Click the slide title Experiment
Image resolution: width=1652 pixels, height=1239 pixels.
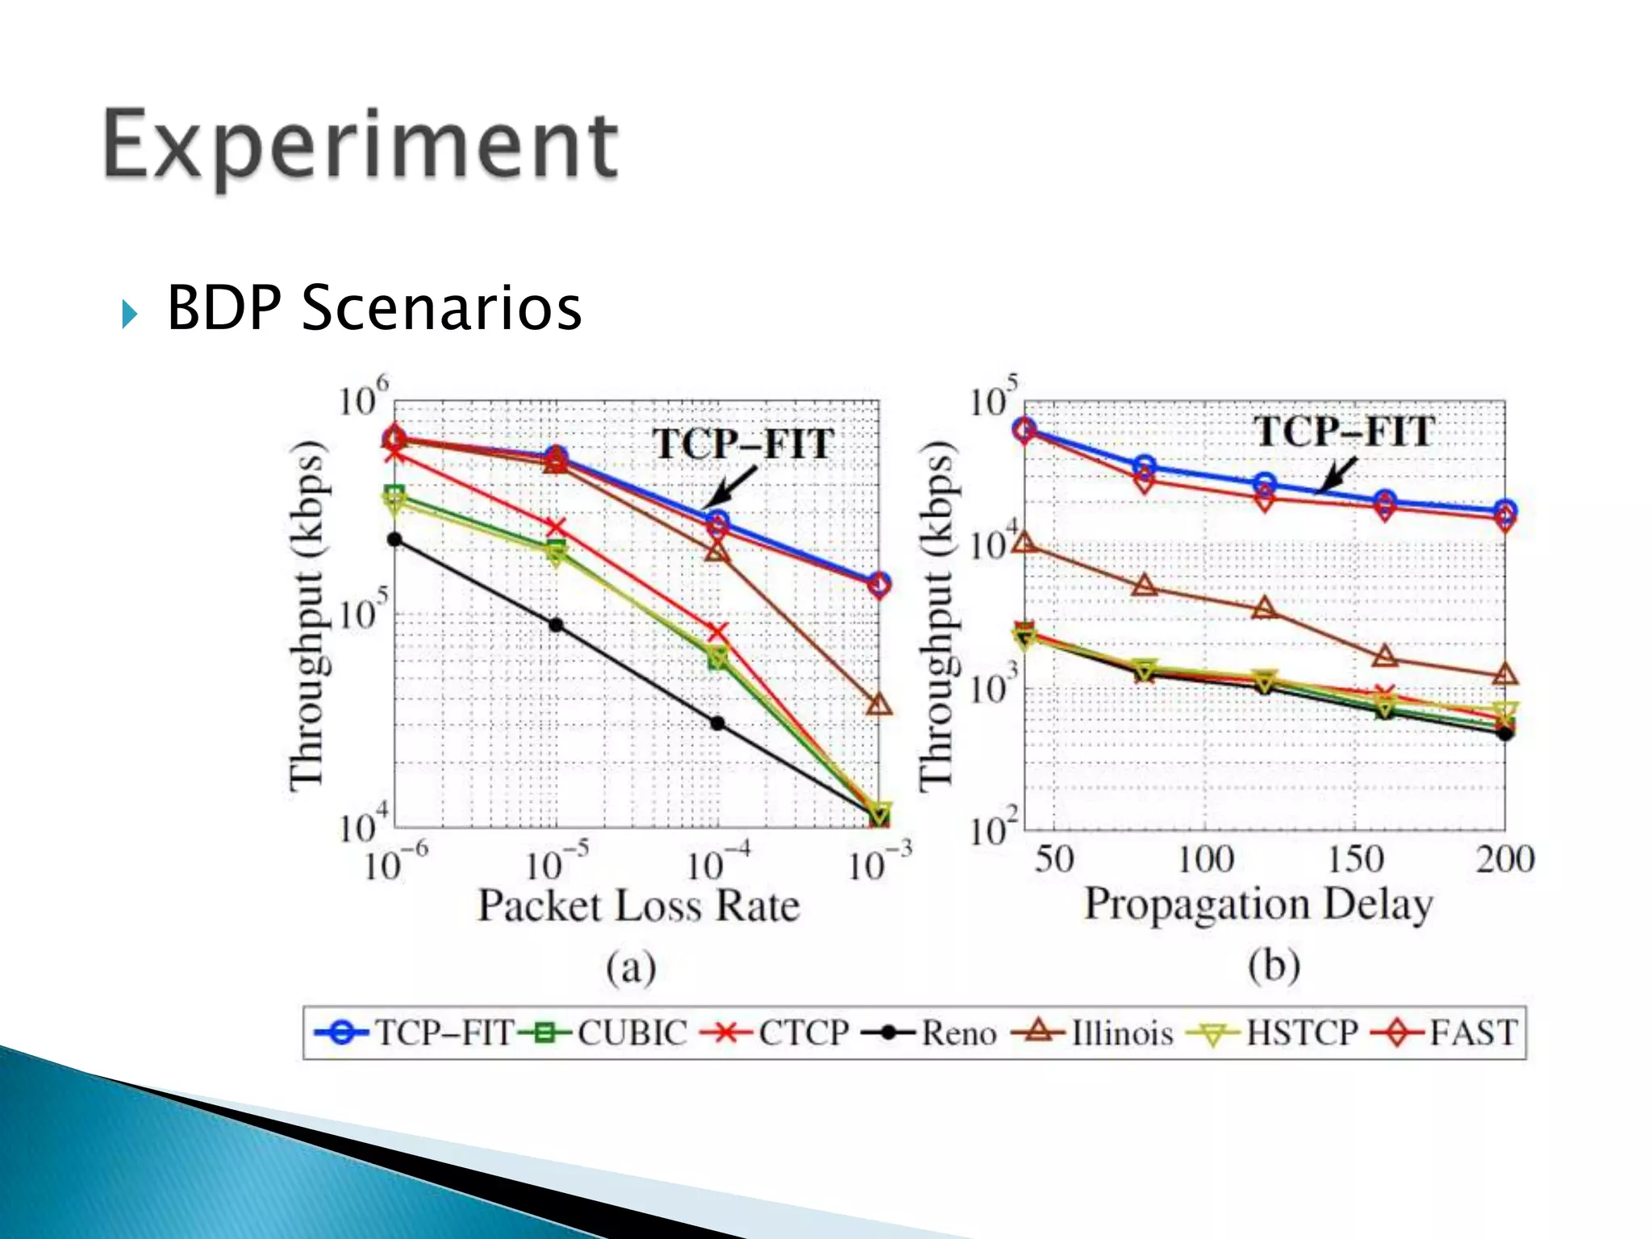(x=361, y=146)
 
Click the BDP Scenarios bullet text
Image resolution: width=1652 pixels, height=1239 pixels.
(x=373, y=308)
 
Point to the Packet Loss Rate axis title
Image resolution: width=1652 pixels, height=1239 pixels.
(x=638, y=906)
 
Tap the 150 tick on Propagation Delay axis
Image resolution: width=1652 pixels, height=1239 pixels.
(x=1355, y=859)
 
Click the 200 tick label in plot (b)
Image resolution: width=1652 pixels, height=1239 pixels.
(x=1505, y=859)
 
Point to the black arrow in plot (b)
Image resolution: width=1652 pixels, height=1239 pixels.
(x=1336, y=474)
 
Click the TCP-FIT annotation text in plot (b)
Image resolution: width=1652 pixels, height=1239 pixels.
(x=1344, y=432)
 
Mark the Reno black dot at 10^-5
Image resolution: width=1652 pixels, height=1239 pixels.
(x=556, y=625)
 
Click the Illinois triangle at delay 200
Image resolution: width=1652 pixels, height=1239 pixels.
(x=1505, y=674)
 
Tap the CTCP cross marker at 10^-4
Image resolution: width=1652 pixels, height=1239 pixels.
(x=717, y=631)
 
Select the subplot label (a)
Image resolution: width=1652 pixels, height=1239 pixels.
(x=631, y=967)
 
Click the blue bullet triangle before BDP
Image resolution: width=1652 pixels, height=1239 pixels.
(x=129, y=313)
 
